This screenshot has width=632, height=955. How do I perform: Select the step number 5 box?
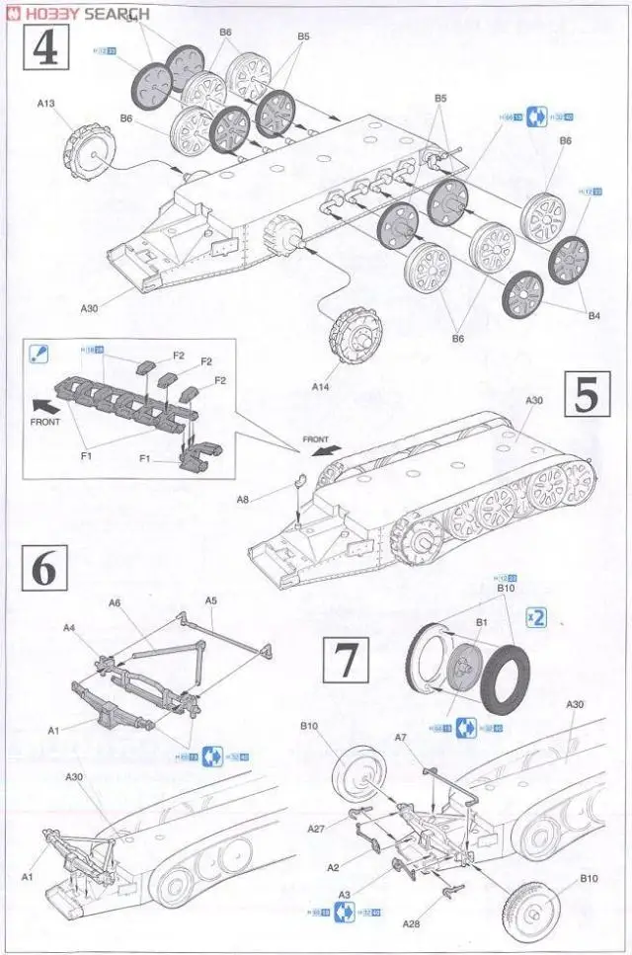pos(586,396)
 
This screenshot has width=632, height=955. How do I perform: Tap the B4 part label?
pos(594,317)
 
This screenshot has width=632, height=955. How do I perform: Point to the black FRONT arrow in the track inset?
pos(43,404)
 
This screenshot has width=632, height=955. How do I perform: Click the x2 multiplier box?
pos(536,613)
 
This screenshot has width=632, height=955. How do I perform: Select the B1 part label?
pos(483,622)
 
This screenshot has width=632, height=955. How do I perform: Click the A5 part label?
pos(210,600)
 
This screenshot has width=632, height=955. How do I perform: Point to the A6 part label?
pos(115,603)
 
